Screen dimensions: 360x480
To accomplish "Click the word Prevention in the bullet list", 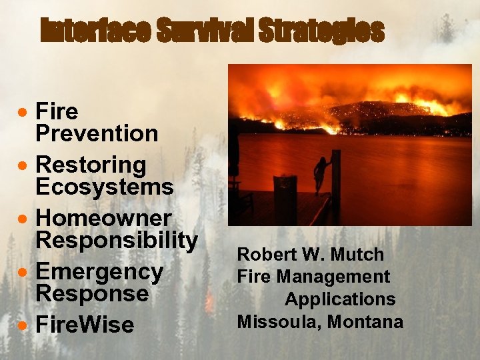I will (97, 133).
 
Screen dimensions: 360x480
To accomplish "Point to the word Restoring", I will (91, 164).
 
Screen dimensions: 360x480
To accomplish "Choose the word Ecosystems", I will (105, 187).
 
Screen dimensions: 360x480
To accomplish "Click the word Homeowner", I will (103, 218).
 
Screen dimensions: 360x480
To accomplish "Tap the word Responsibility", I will (117, 240).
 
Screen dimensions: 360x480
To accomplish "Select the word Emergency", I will (99, 271).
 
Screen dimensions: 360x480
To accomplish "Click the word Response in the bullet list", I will (91, 293).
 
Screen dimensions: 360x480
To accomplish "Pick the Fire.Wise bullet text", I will (85, 325).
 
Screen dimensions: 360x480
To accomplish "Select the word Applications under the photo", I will (340, 299).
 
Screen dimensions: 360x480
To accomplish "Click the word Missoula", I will (273, 322).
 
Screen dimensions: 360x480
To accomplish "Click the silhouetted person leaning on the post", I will (321, 175).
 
